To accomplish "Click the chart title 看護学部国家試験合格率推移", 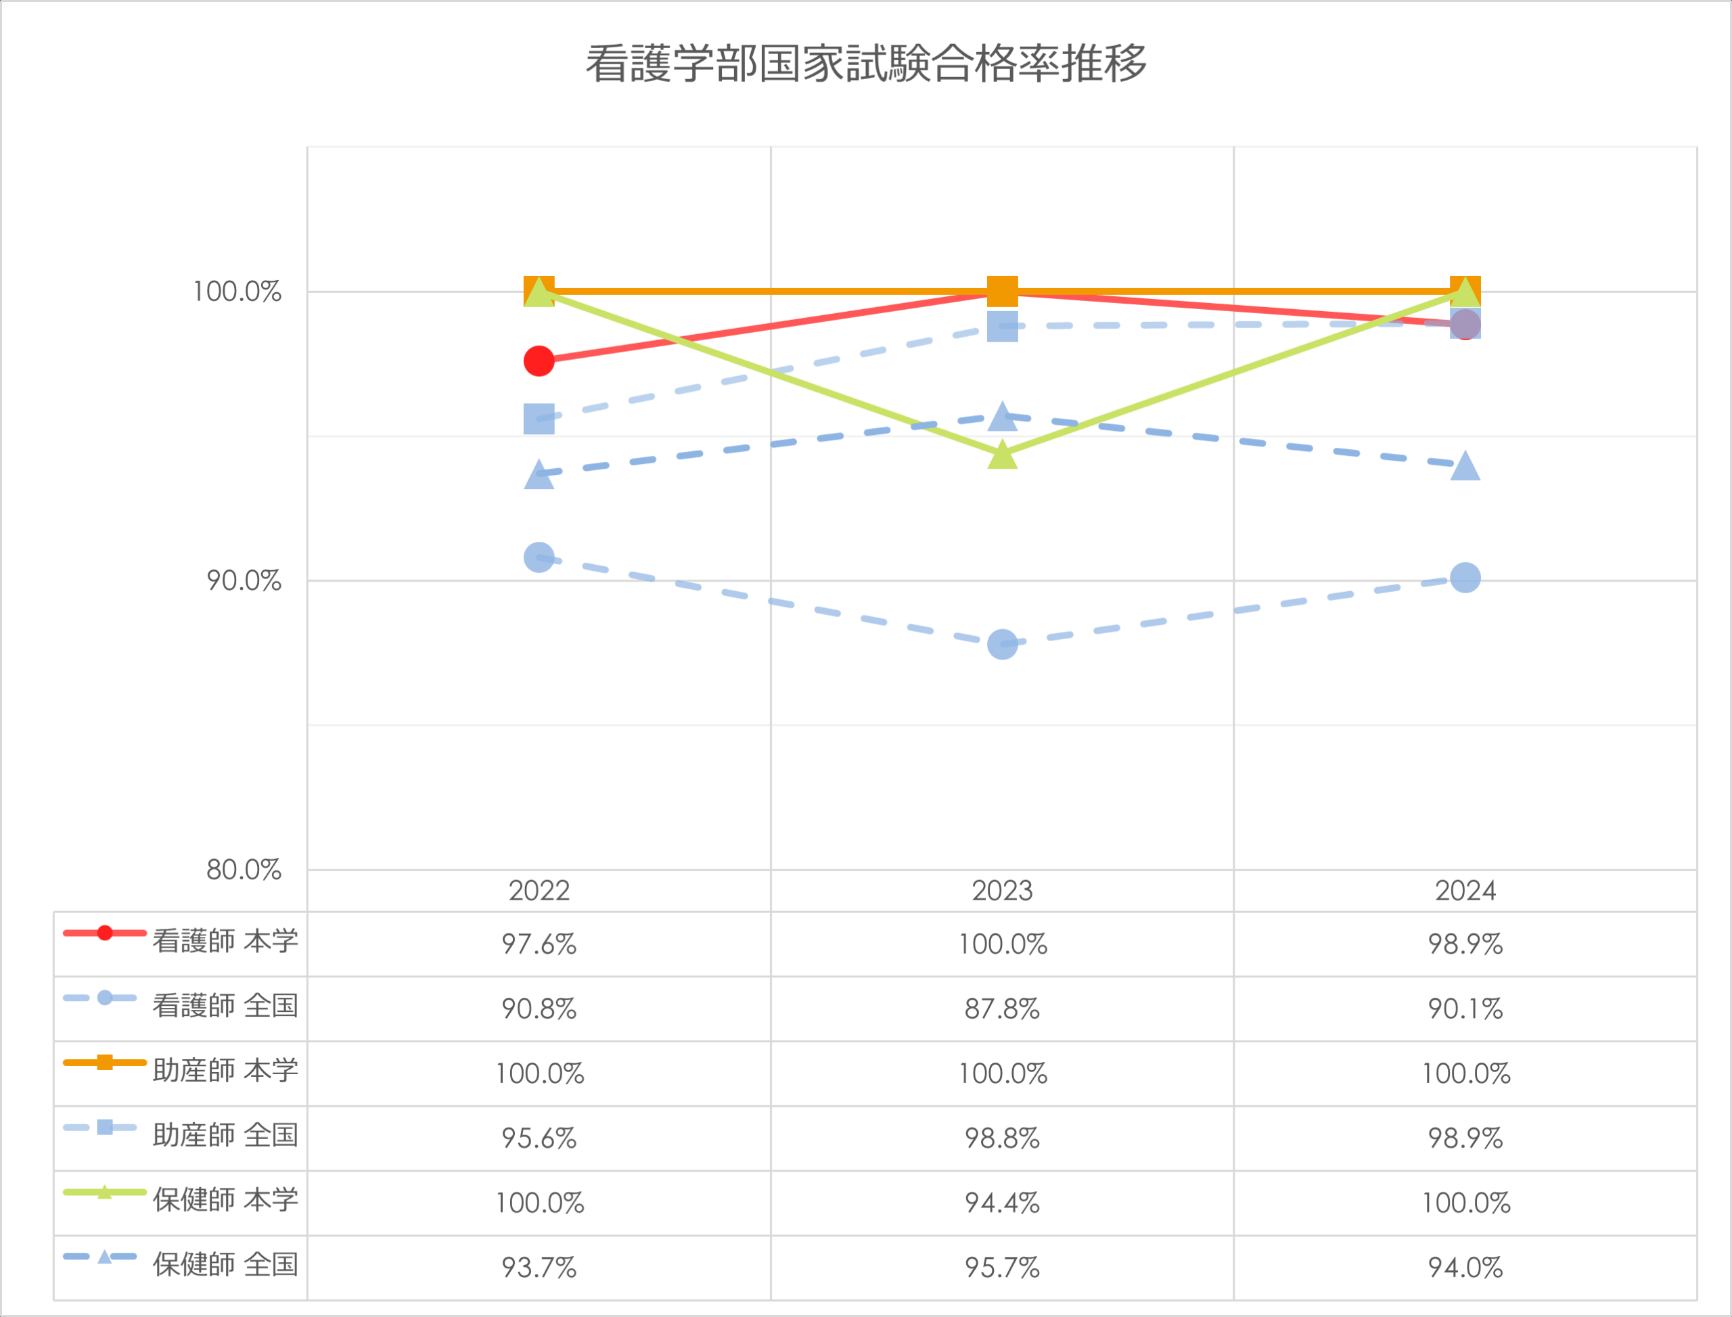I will pyautogui.click(x=865, y=64).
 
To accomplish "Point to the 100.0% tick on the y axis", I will pyautogui.click(x=237, y=292).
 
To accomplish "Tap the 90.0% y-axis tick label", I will pyautogui.click(x=243, y=581).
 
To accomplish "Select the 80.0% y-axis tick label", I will pyautogui.click(x=243, y=869).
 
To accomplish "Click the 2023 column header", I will pyautogui.click(x=1002, y=892).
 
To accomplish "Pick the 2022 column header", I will pyautogui.click(x=539, y=892).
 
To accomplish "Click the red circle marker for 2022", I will pyautogui.click(x=539, y=361).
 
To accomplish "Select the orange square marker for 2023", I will pyautogui.click(x=1002, y=291).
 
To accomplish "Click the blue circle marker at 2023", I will pyautogui.click(x=1002, y=645).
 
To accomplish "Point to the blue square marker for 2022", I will pyautogui.click(x=539, y=419).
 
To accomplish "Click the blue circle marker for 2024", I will pyautogui.click(x=1465, y=578).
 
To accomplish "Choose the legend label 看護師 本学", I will pyautogui.click(x=225, y=941).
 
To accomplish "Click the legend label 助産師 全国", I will pyautogui.click(x=225, y=1134).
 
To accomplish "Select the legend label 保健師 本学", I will pyautogui.click(x=225, y=1199).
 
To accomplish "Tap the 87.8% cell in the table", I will pyautogui.click(x=1002, y=1009).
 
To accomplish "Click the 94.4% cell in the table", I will pyautogui.click(x=1002, y=1203).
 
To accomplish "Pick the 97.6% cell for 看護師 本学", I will pyautogui.click(x=539, y=944).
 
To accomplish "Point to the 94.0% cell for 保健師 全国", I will pyautogui.click(x=1465, y=1268).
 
